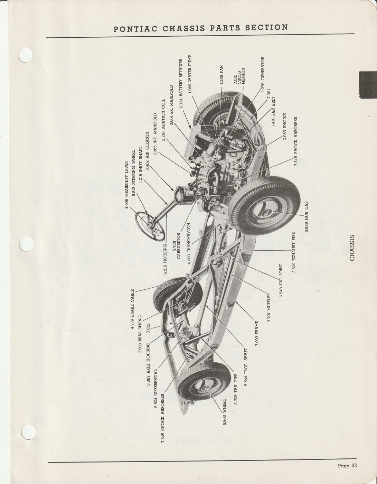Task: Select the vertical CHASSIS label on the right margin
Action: coord(352,248)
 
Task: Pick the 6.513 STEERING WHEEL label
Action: coord(134,176)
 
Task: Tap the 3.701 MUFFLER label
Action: coord(269,308)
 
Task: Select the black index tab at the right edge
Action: coord(368,85)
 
